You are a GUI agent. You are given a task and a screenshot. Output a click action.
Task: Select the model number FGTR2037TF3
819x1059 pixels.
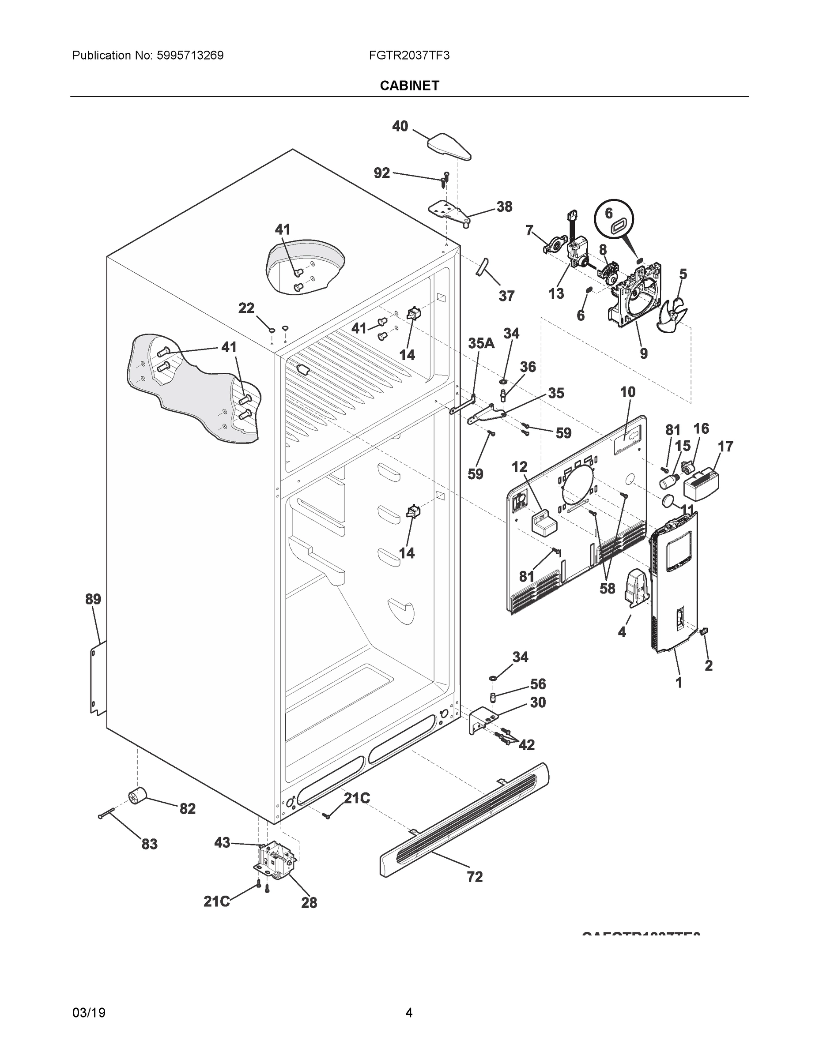pos(408,55)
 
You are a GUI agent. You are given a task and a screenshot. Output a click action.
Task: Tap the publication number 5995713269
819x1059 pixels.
pos(190,55)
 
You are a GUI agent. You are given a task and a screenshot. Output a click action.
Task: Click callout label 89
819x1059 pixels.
pos(93,599)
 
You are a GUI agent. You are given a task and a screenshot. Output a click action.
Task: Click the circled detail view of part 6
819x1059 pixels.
pos(614,220)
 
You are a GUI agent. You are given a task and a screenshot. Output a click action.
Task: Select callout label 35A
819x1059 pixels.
pos(481,344)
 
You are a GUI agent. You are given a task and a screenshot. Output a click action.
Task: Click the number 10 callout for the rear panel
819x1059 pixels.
pos(627,392)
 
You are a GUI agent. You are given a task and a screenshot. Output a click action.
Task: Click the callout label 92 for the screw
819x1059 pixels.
pos(382,173)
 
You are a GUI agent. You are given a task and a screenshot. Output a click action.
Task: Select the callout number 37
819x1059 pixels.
pos(506,296)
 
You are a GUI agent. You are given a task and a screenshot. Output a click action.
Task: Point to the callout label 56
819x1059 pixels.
pos(538,684)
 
